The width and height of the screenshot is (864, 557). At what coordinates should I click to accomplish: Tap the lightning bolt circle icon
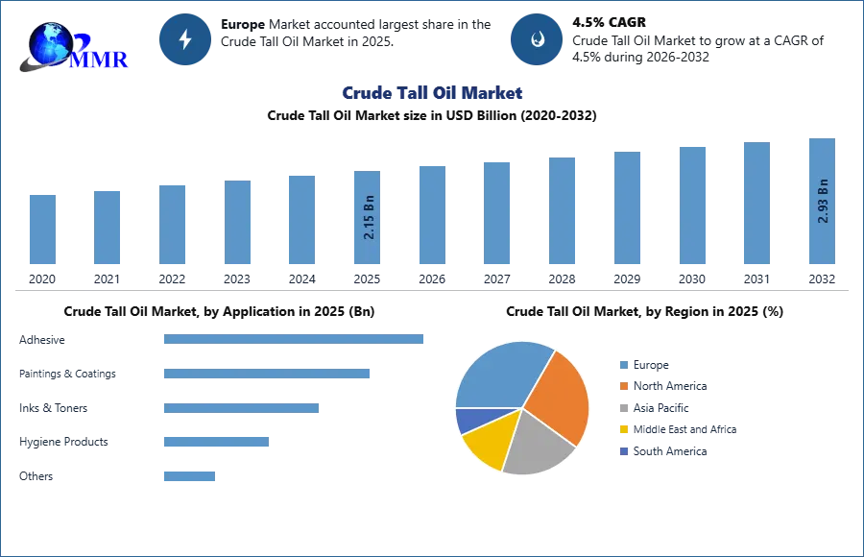(186, 39)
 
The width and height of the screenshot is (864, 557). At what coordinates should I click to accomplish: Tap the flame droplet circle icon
(537, 39)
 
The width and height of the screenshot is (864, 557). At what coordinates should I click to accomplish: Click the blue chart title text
(431, 93)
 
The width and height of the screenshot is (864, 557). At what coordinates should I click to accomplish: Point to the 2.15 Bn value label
(369, 219)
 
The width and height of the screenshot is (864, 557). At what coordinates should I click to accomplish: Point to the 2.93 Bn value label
(823, 201)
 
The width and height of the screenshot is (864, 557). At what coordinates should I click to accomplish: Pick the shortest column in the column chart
(42, 230)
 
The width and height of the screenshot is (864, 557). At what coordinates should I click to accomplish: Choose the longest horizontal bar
(295, 338)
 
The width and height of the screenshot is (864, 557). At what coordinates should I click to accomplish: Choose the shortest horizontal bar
(188, 475)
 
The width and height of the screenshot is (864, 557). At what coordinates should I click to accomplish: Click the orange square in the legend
(623, 386)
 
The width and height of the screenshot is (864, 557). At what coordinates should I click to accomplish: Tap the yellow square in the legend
(623, 430)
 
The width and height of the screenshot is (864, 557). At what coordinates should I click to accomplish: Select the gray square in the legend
(623, 408)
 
